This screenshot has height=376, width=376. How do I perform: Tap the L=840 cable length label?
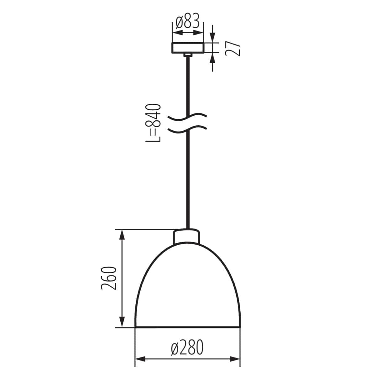click(x=154, y=123)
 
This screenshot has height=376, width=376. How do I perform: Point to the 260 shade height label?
click(x=109, y=278)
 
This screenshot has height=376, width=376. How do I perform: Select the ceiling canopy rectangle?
click(x=188, y=48)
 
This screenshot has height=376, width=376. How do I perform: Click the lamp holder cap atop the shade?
click(x=186, y=237)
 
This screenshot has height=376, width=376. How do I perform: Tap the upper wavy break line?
click(x=188, y=117)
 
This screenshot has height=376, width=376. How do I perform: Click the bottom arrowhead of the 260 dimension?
click(x=122, y=323)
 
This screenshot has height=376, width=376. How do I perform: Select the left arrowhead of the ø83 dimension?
click(x=177, y=33)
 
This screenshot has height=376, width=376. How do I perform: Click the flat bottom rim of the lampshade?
click(x=188, y=328)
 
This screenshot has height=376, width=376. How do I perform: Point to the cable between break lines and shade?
click(x=188, y=182)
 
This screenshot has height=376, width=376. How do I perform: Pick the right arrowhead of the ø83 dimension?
click(x=199, y=33)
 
